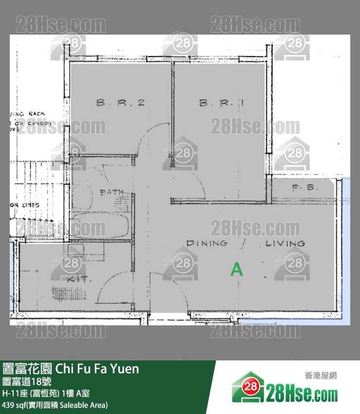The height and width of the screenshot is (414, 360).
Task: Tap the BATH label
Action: pos(111,192)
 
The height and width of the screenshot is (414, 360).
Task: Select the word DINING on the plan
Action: pos(207,243)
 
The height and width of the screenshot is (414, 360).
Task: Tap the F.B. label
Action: pos(305,187)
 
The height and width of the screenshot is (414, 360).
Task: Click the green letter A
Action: pos(236,269)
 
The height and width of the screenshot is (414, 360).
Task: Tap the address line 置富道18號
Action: pos(24,382)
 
